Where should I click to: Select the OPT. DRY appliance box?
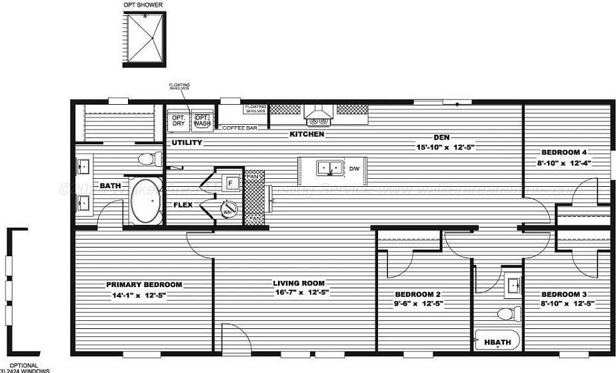click(x=179, y=120)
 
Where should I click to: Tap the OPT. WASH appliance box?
click(x=201, y=120)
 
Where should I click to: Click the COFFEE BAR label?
click(x=239, y=127)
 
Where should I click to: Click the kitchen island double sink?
click(x=331, y=167)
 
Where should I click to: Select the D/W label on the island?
click(x=354, y=168)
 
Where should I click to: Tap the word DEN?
click(x=441, y=137)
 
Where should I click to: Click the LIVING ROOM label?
click(x=298, y=283)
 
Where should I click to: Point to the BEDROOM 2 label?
click(x=418, y=294)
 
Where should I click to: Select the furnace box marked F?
click(x=229, y=182)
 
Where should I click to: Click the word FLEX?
click(x=183, y=205)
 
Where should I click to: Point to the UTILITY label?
click(x=187, y=143)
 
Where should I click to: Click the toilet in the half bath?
click(x=508, y=313)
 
